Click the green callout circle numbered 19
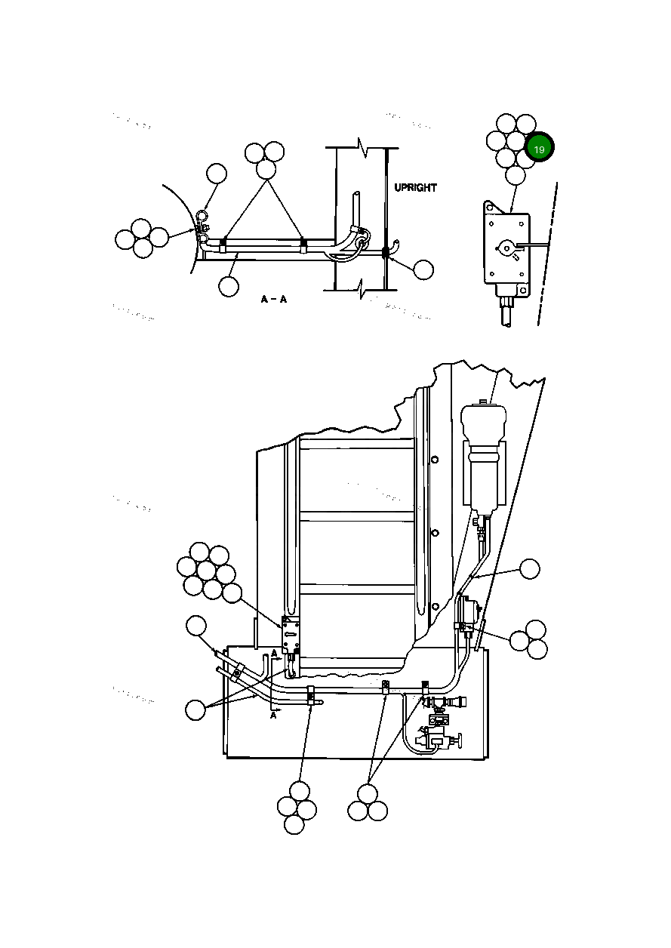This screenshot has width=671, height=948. point(539,149)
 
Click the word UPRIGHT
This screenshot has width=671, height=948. point(415,187)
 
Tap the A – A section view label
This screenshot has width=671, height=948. point(274,300)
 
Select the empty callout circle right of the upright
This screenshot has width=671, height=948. point(424,269)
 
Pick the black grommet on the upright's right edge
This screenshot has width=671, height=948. point(386,253)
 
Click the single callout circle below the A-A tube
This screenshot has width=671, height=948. point(228,286)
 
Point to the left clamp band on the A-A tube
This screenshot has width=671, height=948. point(223,244)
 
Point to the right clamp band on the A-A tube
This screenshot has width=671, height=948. point(303,244)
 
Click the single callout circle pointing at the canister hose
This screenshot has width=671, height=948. point(531,569)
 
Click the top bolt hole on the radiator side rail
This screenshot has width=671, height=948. point(435,459)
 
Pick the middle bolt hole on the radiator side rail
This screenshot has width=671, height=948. point(435,532)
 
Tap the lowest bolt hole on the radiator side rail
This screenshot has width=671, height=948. point(435,605)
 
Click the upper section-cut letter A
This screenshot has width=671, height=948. point(273,653)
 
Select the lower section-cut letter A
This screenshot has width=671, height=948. point(273,716)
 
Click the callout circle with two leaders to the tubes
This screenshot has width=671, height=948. point(195,709)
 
